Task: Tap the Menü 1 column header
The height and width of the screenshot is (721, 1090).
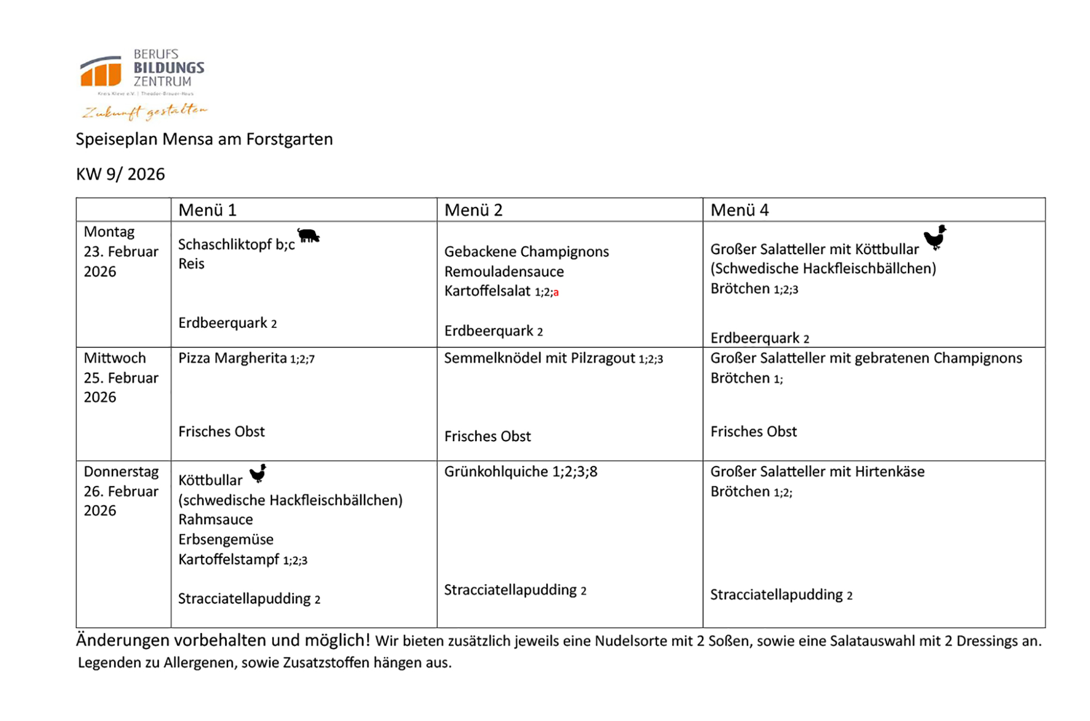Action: [207, 210]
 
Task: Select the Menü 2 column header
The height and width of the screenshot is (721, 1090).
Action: [473, 210]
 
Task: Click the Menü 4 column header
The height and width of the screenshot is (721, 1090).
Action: [740, 210]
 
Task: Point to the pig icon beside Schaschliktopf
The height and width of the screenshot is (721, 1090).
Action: [308, 236]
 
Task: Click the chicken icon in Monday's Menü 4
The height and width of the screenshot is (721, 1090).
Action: [935, 237]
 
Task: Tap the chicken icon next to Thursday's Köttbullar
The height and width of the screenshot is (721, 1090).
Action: [258, 473]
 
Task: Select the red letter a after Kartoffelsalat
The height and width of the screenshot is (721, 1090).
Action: [556, 293]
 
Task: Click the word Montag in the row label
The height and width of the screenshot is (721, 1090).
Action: [109, 232]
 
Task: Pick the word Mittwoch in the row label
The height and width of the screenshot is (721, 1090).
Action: [114, 358]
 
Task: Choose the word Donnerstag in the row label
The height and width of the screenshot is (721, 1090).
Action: [121, 471]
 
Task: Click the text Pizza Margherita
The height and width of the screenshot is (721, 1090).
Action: [232, 358]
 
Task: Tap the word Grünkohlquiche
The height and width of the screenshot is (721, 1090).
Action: [496, 471]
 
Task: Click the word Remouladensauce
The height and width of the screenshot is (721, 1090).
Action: [504, 271]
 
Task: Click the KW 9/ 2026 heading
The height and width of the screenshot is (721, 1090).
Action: [120, 174]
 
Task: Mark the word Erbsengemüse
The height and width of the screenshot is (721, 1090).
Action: [226, 539]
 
